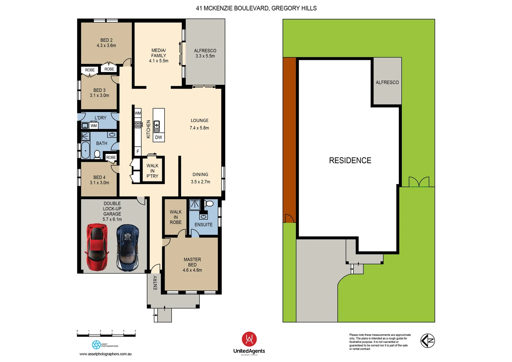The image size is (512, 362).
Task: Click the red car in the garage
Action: (x=97, y=247)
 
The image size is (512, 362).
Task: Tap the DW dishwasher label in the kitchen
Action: (x=158, y=137)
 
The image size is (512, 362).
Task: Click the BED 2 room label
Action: (x=106, y=40)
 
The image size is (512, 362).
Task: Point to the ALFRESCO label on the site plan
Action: (x=387, y=82)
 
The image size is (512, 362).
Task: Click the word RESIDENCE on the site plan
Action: (x=350, y=161)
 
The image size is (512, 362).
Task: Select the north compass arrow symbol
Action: (x=428, y=341)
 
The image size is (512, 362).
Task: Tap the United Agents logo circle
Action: (x=249, y=339)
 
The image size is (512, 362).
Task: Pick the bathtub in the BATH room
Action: (x=86, y=150)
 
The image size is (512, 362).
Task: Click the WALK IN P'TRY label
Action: (x=152, y=171)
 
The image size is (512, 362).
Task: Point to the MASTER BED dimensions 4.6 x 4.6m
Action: (x=192, y=270)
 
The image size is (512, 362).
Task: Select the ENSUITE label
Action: (x=203, y=225)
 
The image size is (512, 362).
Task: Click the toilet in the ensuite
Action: (x=209, y=204)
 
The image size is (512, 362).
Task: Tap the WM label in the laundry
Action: (x=94, y=126)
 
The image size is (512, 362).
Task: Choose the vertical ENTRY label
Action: (x=155, y=283)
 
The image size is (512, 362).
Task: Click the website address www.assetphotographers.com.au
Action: (x=105, y=354)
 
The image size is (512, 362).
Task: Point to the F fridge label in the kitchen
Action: (x=138, y=152)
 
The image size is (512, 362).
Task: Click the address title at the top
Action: (x=256, y=8)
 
